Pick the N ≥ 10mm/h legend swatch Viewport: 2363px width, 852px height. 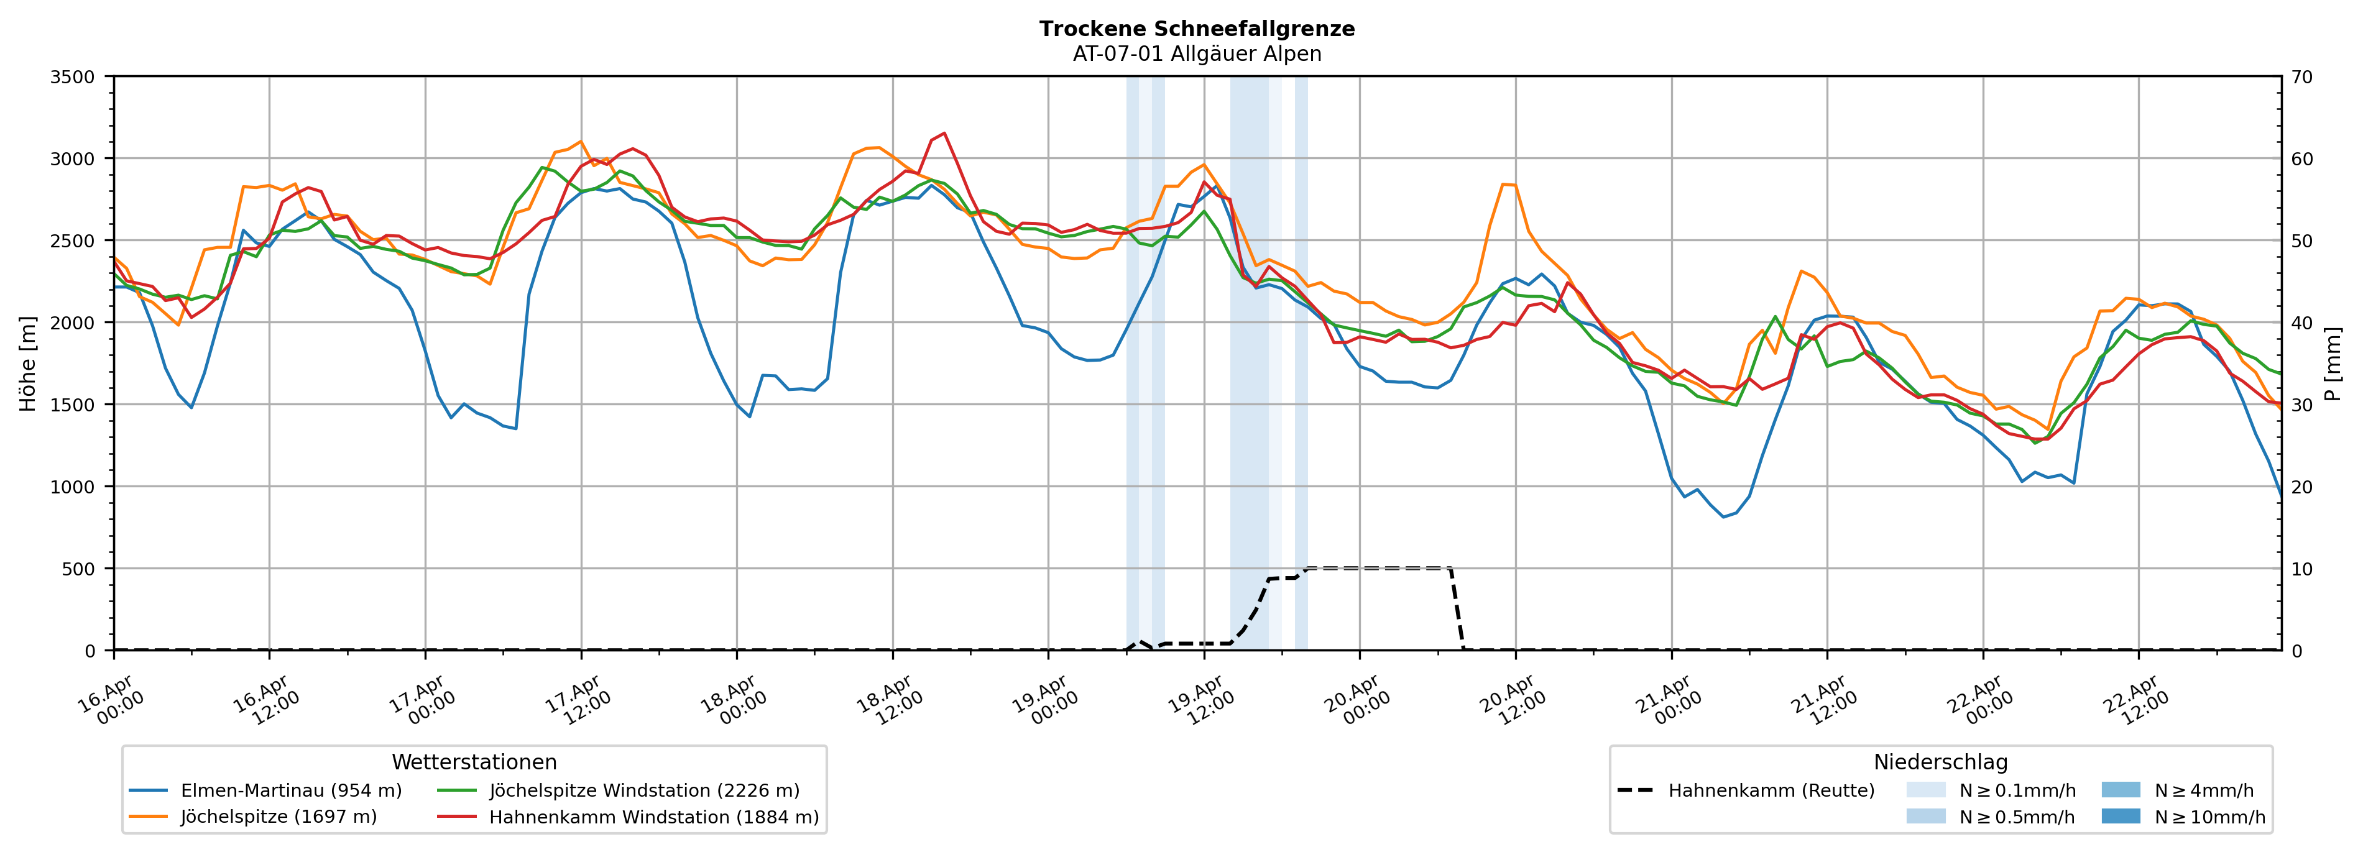pyautogui.click(x=2120, y=816)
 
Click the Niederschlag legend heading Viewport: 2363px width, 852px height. pyautogui.click(x=1940, y=762)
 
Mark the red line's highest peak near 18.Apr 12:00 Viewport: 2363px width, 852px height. pyautogui.click(x=944, y=133)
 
